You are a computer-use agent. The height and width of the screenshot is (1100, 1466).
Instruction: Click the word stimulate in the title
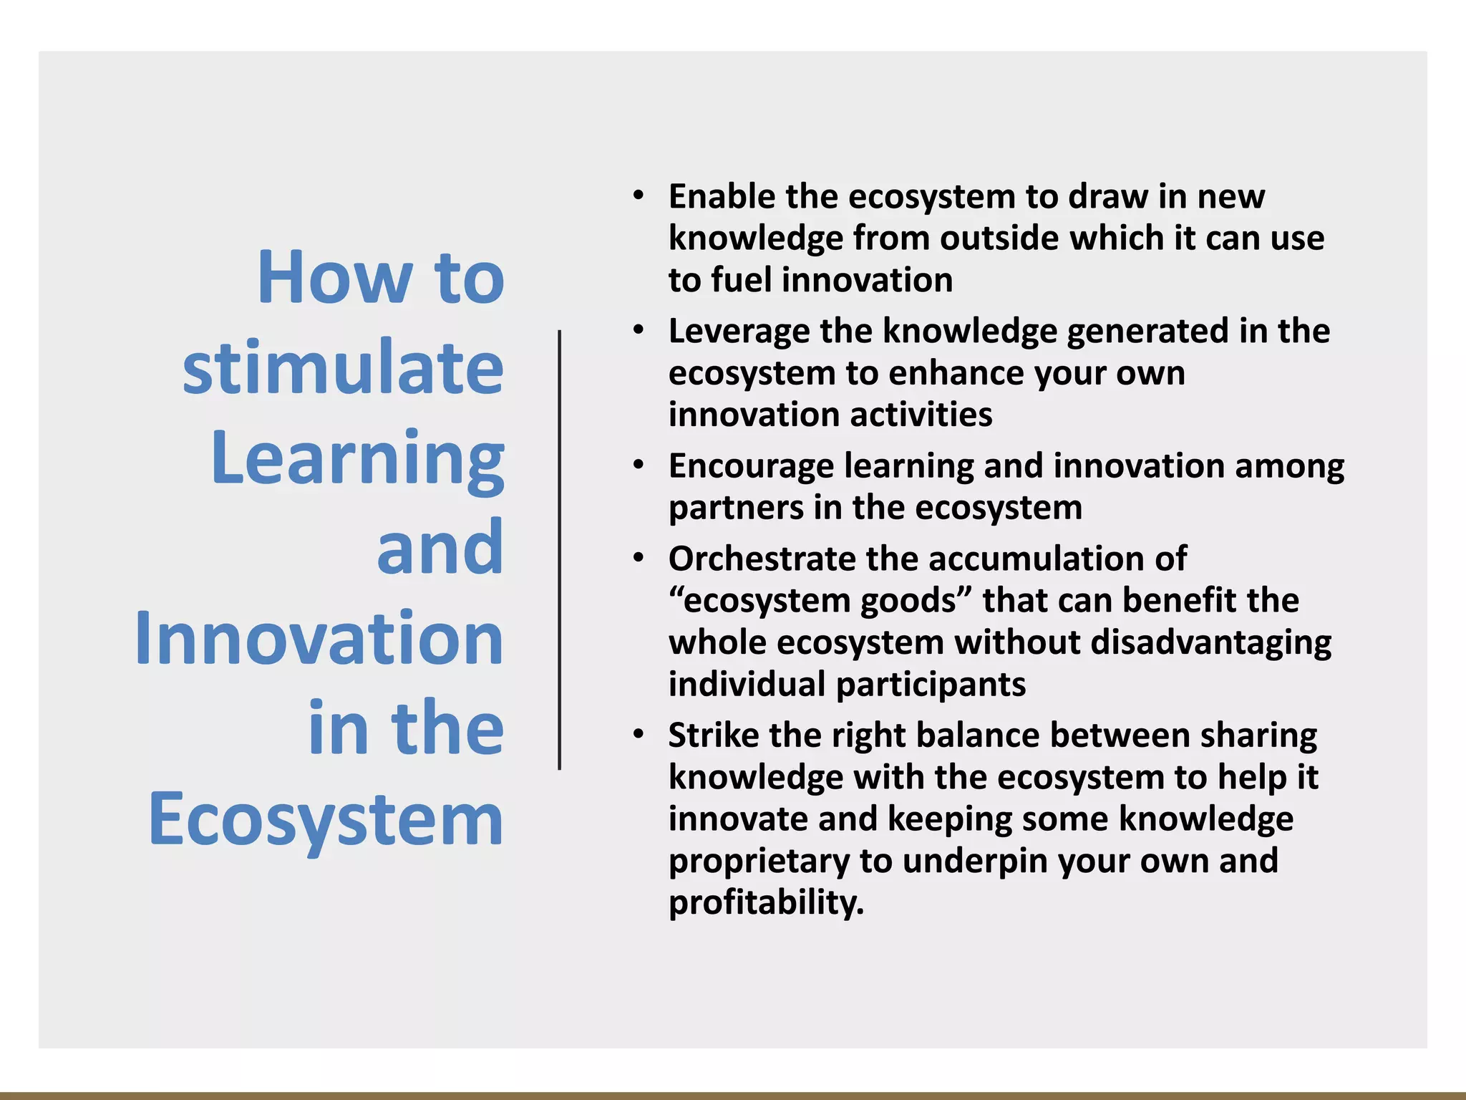point(344,367)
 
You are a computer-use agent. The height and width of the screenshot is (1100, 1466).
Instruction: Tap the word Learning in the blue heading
point(358,458)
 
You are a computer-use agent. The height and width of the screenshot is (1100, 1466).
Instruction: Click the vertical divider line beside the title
point(559,550)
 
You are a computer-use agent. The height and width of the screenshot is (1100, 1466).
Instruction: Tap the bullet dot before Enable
point(639,196)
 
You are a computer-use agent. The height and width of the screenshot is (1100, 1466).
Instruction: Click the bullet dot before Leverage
point(639,331)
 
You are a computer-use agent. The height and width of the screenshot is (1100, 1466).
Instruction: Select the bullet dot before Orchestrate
point(639,559)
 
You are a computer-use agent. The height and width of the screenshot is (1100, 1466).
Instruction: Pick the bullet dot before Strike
point(639,735)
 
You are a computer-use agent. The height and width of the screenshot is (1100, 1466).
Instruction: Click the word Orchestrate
point(762,559)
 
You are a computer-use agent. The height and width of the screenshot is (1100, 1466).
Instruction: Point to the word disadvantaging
point(1210,642)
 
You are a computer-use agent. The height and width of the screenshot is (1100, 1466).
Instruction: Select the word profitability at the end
point(766,902)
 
